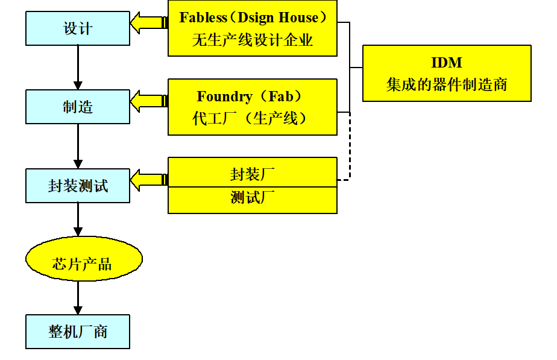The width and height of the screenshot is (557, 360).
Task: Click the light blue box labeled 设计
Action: pyautogui.click(x=78, y=28)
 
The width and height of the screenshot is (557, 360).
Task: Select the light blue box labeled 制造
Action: pyautogui.click(x=78, y=107)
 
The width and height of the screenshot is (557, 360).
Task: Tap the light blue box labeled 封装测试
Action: pyautogui.click(x=78, y=186)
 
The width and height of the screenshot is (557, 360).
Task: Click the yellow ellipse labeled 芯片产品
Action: pyautogui.click(x=83, y=259)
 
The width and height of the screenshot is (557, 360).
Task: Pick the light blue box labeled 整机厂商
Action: pyautogui.click(x=78, y=332)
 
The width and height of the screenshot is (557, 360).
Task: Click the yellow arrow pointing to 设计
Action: pyautogui.click(x=147, y=23)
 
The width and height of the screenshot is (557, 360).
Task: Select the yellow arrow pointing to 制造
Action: pyautogui.click(x=147, y=101)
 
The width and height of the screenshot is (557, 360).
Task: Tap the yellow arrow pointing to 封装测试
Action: pyautogui.click(x=147, y=179)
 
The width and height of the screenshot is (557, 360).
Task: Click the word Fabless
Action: pyautogui.click(x=203, y=17)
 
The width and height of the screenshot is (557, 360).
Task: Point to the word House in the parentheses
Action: pyautogui.click(x=297, y=17)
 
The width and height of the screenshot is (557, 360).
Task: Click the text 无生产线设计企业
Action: pyautogui.click(x=253, y=40)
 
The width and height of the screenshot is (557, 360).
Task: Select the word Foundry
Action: pyautogui.click(x=224, y=96)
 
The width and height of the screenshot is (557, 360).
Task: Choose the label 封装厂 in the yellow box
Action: pyautogui.click(x=253, y=174)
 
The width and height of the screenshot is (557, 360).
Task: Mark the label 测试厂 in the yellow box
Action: pyautogui.click(x=253, y=197)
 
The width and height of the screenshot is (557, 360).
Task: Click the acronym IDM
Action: pyautogui.click(x=447, y=63)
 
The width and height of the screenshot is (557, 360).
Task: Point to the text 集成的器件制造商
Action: pyautogui.click(x=447, y=84)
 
